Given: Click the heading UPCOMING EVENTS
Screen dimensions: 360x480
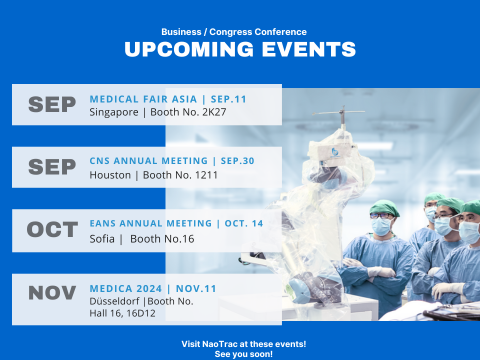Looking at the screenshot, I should point(240,50).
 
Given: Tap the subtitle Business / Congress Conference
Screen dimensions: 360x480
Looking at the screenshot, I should point(240,31).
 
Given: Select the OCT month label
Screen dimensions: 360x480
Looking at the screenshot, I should point(52,230).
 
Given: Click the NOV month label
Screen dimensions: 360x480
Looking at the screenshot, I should point(52,293).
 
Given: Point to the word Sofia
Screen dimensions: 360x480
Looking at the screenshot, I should point(102,238).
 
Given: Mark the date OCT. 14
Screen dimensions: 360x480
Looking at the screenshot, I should point(240,223).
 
